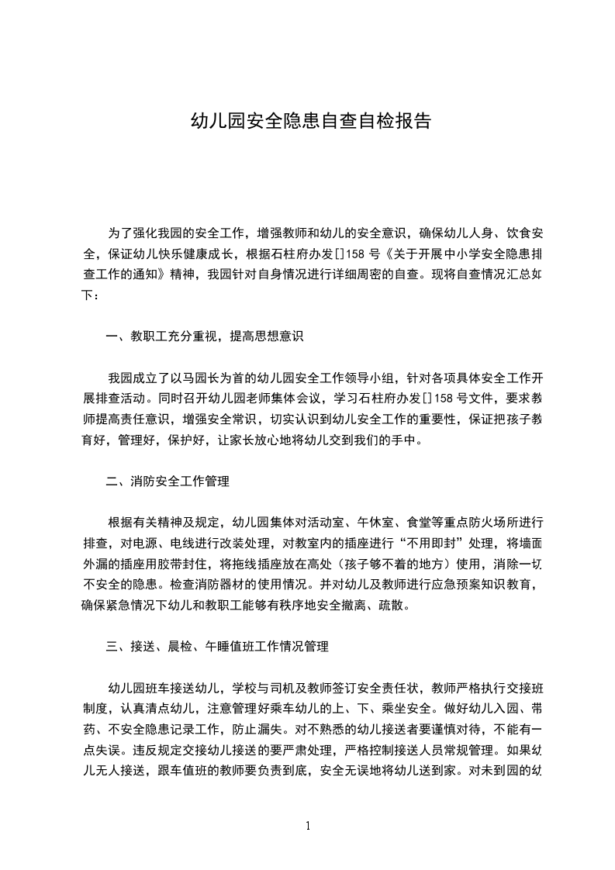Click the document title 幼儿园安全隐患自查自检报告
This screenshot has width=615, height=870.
310,121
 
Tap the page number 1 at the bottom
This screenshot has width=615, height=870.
308,826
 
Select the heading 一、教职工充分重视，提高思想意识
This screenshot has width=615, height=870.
205,337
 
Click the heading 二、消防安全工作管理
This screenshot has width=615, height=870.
168,482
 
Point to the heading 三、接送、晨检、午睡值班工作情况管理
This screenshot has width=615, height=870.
217,646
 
